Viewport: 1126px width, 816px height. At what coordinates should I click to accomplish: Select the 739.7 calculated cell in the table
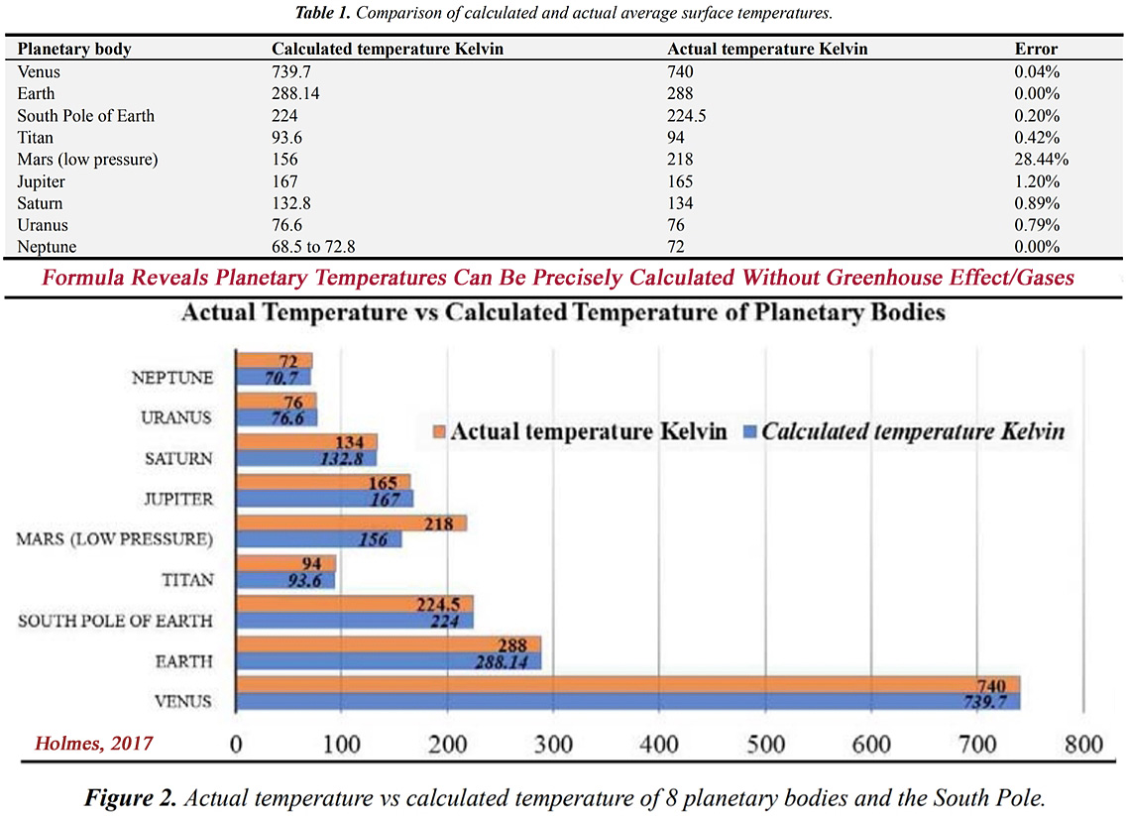293,71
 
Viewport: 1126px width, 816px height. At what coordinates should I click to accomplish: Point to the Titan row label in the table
36,137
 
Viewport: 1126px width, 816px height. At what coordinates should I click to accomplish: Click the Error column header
1036,49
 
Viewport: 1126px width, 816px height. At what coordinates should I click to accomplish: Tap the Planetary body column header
74,49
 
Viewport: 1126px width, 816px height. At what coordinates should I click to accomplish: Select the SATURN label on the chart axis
179,458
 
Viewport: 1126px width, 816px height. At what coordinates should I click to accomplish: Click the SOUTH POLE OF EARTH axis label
115,621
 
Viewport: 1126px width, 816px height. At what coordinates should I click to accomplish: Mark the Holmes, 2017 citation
94,741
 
